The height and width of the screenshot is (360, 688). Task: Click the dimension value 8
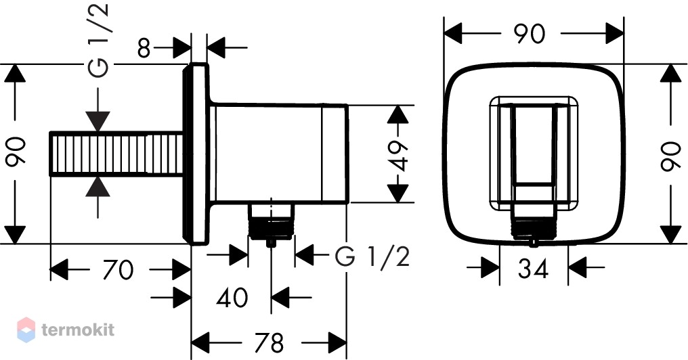click(x=144, y=48)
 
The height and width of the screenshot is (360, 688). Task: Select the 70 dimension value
click(x=118, y=269)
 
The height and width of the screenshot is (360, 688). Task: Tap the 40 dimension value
click(x=232, y=297)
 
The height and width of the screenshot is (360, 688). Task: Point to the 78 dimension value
click(x=270, y=342)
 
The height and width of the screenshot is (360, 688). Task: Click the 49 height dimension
click(x=398, y=156)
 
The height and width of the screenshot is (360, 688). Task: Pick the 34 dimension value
click(x=533, y=268)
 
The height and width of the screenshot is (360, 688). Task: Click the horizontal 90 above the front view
click(x=530, y=34)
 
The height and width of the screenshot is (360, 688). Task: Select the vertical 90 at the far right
click(x=671, y=156)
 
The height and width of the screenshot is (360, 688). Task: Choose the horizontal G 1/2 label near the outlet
click(x=372, y=256)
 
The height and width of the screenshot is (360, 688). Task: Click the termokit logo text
click(x=78, y=330)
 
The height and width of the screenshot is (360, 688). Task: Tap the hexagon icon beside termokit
click(x=26, y=330)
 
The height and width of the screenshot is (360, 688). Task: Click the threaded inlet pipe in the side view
click(x=116, y=154)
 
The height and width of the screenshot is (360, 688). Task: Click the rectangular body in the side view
click(x=279, y=154)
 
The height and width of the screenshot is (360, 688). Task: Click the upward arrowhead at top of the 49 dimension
click(x=398, y=114)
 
